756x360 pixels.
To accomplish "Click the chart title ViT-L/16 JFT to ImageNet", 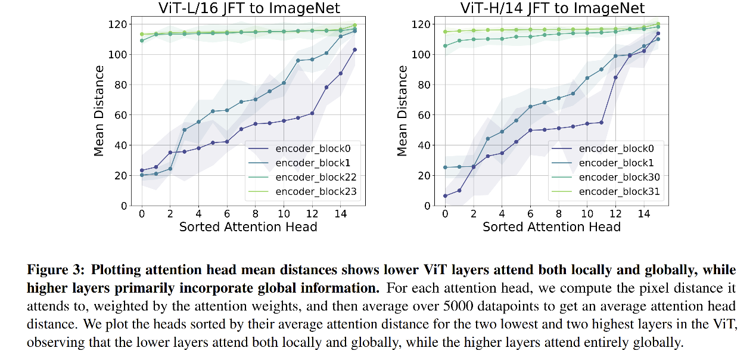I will pyautogui.click(x=248, y=8).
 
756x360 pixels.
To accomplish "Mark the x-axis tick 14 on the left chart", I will pyautogui.click(x=340, y=213).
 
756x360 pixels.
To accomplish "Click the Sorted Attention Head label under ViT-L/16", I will pyautogui.click(x=248, y=227).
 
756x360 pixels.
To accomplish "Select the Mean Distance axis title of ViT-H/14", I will pyautogui.click(x=403, y=111).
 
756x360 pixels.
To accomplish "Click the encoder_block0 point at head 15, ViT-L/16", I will pyautogui.click(x=355, y=49).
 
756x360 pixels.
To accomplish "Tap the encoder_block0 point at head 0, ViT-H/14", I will pyautogui.click(x=445, y=195).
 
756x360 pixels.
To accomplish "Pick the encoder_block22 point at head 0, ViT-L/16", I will pyautogui.click(x=142, y=41).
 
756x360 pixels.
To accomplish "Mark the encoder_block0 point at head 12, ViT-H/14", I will pyautogui.click(x=615, y=77).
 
